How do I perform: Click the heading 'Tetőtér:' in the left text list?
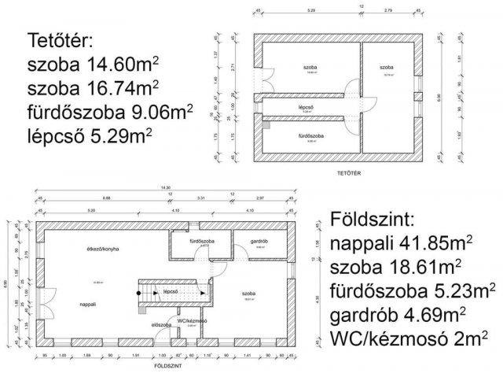pyautogui.click(x=61, y=39)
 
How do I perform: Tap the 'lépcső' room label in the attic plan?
pyautogui.click(x=307, y=107)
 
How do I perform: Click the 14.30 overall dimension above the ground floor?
pyautogui.click(x=166, y=187)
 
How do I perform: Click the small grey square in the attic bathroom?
pyautogui.click(x=267, y=124)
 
